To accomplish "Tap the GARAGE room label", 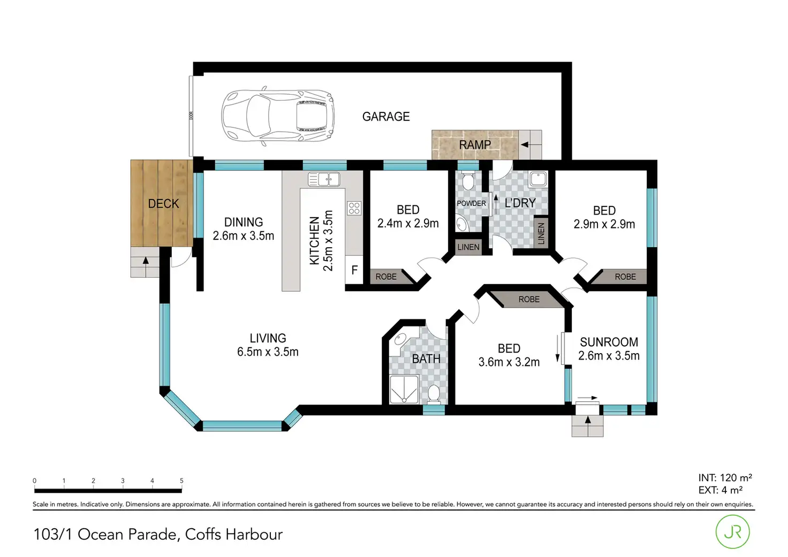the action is (x=386, y=117).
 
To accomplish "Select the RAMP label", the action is (x=475, y=145).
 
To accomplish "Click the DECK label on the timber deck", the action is (x=163, y=204).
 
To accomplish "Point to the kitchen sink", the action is (x=324, y=179).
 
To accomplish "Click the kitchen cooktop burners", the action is (x=354, y=208).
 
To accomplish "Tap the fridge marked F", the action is (x=354, y=270).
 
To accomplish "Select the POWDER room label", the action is (x=471, y=203).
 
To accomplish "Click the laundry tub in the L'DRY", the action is (x=537, y=179).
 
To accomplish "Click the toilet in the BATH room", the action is (x=434, y=394).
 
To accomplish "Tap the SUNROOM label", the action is (x=609, y=342).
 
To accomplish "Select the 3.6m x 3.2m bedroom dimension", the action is (x=509, y=362).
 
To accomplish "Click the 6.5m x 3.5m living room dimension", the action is (x=268, y=352).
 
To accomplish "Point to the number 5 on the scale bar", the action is (x=181, y=480).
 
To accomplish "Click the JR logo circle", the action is (x=732, y=531).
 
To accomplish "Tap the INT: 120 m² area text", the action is (x=725, y=478).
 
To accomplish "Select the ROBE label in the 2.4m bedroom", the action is (x=386, y=277).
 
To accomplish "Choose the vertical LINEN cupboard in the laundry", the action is (x=541, y=234).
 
